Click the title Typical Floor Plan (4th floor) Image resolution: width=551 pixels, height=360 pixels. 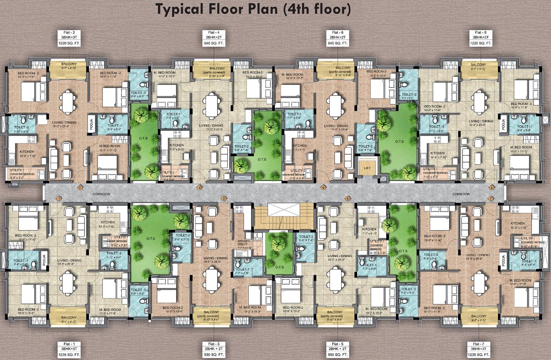tap(253, 9)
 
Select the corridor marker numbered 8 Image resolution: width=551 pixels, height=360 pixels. tap(491, 188)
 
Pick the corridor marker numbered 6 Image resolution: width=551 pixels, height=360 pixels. tap(323, 188)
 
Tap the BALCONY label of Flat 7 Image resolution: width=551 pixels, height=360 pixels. tap(478, 316)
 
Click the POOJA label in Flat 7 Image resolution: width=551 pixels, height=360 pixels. tap(503, 261)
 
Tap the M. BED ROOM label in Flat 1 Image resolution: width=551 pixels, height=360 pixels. tap(110, 309)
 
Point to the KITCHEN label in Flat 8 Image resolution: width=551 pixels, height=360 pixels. tap(437, 153)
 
